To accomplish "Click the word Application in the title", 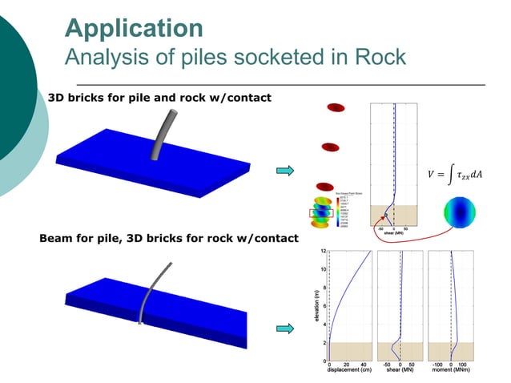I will (x=133, y=27).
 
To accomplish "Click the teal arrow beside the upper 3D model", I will (x=284, y=171).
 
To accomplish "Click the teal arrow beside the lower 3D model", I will (x=284, y=328).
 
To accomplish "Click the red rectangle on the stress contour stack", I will (x=321, y=214).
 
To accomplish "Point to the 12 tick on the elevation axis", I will (x=322, y=251).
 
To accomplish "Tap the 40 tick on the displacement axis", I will (x=363, y=364).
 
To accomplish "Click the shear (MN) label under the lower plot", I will (x=400, y=370).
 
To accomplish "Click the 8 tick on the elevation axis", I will (x=322, y=288).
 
